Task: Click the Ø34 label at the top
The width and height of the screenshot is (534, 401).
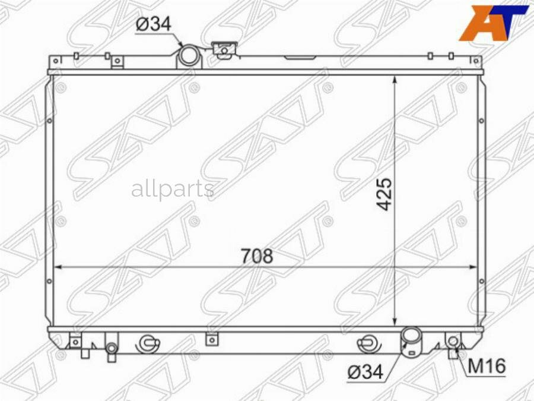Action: [153, 25]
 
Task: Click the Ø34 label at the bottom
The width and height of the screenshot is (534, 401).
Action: [365, 372]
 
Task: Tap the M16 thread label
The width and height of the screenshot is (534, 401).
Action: [487, 367]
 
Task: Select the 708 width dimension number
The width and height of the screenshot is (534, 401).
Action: [257, 256]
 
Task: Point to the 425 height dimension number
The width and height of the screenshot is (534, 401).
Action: [386, 194]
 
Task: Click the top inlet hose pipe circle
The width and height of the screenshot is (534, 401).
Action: [189, 56]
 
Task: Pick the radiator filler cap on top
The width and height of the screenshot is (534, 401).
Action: [224, 50]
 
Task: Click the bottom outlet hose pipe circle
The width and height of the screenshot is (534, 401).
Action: [411, 337]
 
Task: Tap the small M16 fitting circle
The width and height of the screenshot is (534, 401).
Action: [453, 341]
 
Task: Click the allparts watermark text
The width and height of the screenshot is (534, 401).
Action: [172, 190]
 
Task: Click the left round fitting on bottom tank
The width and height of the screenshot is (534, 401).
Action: [147, 343]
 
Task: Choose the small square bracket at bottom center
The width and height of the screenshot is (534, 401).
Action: [209, 339]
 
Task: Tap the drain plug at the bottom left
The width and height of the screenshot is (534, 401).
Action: [111, 351]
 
